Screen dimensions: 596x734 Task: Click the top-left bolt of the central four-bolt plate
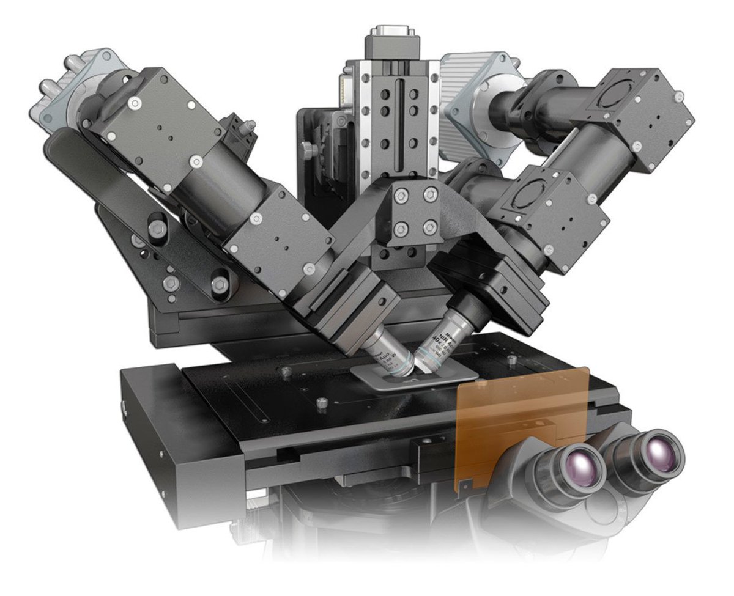click(x=401, y=196)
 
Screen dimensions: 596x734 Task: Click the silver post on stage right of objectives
click(x=511, y=361)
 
